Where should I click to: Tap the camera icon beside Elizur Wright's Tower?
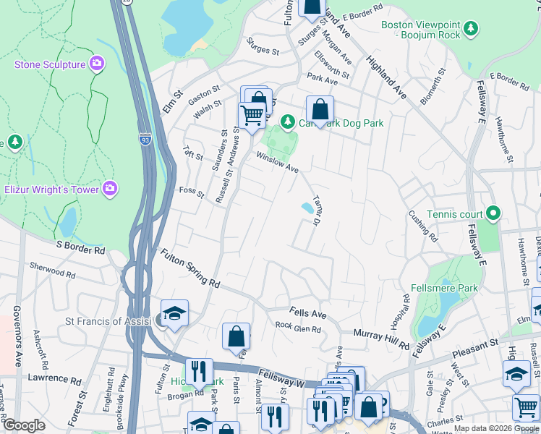(x=109, y=190)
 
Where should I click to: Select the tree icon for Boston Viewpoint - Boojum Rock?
(x=472, y=29)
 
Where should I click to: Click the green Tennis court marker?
(x=493, y=213)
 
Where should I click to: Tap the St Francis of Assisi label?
(x=108, y=320)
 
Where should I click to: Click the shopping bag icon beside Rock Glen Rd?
(x=236, y=336)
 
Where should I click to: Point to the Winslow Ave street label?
(x=275, y=162)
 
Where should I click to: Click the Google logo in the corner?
(x=24, y=425)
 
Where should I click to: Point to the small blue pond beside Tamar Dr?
(x=307, y=208)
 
